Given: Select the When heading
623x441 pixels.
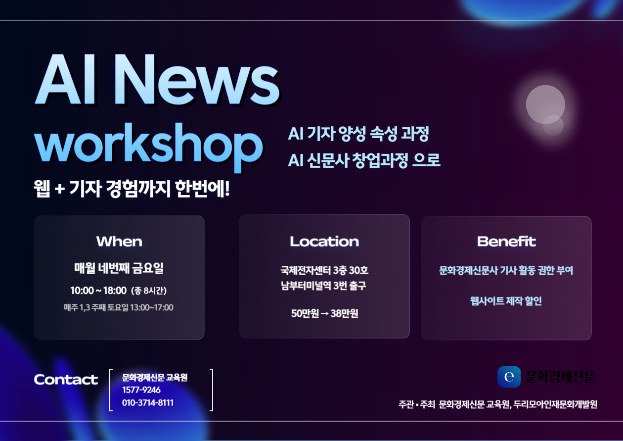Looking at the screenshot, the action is tap(119, 242).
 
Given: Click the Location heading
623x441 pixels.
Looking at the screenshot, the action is tap(324, 242).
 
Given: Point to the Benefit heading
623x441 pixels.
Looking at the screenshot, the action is tap(506, 242).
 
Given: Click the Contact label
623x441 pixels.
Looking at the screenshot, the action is tap(66, 380).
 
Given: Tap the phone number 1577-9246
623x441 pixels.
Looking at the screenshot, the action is tap(141, 390).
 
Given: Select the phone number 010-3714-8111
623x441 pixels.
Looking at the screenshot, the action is tap(148, 402).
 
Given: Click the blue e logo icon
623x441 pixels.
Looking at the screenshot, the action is tap(509, 377).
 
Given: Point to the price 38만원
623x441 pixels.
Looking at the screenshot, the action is tap(344, 313).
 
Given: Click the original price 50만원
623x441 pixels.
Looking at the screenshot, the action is tap(305, 313).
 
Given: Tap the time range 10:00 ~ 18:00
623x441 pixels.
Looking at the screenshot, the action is tap(98, 291).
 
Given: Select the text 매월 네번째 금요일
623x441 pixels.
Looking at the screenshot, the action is tap(119, 268).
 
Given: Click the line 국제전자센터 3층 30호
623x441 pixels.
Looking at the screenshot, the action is tap(324, 270).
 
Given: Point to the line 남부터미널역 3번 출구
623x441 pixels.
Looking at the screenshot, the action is tap(323, 286).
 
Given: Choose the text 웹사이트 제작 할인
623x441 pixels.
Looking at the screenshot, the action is tap(506, 301).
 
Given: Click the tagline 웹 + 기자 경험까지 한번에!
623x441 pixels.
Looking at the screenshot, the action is tap(132, 189).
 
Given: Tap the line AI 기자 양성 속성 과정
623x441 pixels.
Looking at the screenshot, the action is tap(358, 134).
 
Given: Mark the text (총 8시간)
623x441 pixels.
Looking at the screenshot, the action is tap(149, 291).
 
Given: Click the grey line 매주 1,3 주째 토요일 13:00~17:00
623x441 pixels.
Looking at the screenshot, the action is tap(119, 307).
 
